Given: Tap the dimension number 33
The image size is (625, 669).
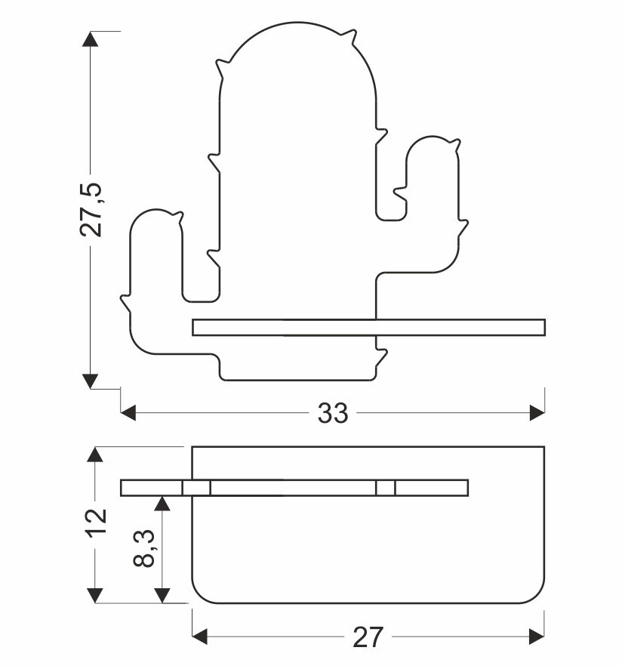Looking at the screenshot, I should pyautogui.click(x=333, y=413).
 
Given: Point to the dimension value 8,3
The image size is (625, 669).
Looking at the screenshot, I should pyautogui.click(x=146, y=548).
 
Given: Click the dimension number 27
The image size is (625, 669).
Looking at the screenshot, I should pyautogui.click(x=368, y=638).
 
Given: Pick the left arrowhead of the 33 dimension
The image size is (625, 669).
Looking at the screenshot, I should pyautogui.click(x=129, y=413).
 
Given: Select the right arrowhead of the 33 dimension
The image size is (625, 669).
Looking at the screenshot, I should pyautogui.click(x=537, y=413).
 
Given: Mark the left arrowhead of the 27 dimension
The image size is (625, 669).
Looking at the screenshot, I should pyautogui.click(x=201, y=637).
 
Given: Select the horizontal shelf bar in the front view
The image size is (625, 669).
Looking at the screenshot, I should pyautogui.click(x=368, y=327).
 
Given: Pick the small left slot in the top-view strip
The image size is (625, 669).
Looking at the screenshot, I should pyautogui.click(x=196, y=488).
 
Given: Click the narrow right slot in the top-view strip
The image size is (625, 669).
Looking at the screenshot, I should pyautogui.click(x=385, y=488).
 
